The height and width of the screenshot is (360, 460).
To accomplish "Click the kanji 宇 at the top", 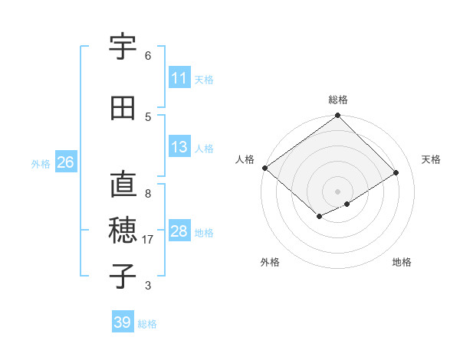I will (x=123, y=48).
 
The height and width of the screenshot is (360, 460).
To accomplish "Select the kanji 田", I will (x=123, y=109).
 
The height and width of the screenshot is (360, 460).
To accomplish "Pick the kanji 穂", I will (x=123, y=230).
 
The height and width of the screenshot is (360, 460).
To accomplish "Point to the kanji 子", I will (x=123, y=276).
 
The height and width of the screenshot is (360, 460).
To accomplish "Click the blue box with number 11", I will (x=179, y=78).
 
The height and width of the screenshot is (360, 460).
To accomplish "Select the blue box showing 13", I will (x=179, y=147).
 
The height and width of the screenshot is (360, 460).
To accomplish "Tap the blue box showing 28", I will (x=179, y=231).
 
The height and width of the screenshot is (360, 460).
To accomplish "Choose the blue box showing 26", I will (x=65, y=162).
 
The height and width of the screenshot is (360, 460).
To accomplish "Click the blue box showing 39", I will (x=123, y=322).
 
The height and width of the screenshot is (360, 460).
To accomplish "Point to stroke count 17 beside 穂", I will (x=149, y=240).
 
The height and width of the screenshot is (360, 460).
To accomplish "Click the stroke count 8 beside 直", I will (x=148, y=194).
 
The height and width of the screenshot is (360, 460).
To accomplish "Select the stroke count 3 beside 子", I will (x=148, y=286).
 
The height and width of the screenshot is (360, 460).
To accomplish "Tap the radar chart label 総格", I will (x=338, y=100).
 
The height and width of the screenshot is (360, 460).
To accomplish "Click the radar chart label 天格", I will (x=432, y=159).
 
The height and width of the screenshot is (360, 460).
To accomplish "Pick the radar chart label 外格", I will (x=270, y=262).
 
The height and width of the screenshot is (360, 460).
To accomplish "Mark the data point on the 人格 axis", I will (x=264, y=168).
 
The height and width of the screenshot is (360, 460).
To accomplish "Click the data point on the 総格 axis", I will (x=338, y=116).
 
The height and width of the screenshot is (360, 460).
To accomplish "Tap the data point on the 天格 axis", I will (x=396, y=173).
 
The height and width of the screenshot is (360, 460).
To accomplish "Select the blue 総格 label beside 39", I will (x=147, y=324).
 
